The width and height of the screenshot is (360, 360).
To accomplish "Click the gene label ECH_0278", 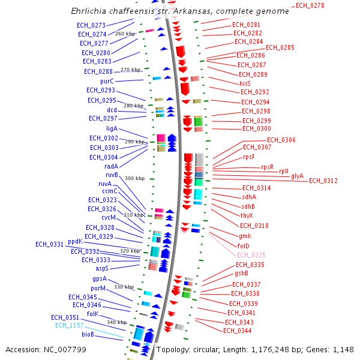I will pyautogui.click(x=310, y=6).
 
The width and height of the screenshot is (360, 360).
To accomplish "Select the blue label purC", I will pyautogui.click(x=107, y=81).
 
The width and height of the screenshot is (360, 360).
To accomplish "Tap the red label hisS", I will pyautogui.click(x=245, y=83).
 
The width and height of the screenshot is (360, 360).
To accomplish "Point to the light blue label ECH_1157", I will pyautogui.click(x=69, y=326).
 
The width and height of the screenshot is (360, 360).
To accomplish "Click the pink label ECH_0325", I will pyautogui.click(x=251, y=255).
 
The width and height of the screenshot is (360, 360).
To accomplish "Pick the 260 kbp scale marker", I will pyautogui.click(x=125, y=34).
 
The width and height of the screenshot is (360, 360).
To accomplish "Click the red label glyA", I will pyautogui.click(x=298, y=176).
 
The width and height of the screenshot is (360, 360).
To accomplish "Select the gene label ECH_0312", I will pyautogui.click(x=323, y=181).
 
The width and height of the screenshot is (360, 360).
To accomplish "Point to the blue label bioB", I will pyautogui.click(x=88, y=334).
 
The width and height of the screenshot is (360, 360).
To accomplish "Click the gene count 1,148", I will pyautogui.click(x=343, y=350).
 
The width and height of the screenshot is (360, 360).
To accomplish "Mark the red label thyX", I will pyautogui.click(x=247, y=215).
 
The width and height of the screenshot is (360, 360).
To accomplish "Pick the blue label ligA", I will pyautogui.click(x=112, y=128).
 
